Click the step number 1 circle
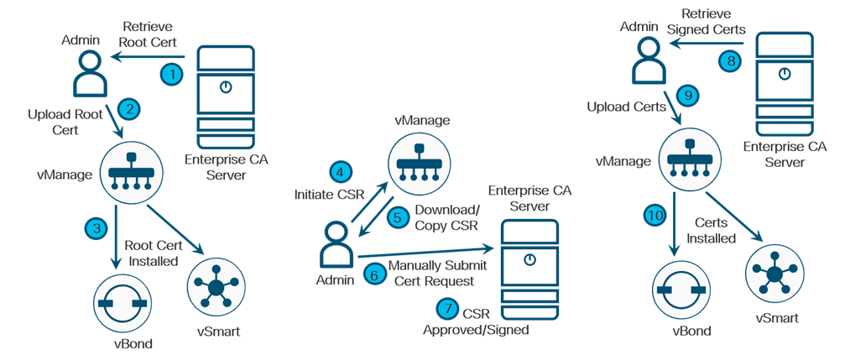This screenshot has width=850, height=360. click(x=172, y=74)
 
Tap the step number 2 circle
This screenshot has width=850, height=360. click(x=128, y=107)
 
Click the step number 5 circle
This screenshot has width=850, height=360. click(x=400, y=217)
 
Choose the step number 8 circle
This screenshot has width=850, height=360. click(x=730, y=61)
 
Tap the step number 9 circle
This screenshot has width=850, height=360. click(x=686, y=97)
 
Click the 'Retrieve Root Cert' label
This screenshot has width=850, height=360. click(x=148, y=33)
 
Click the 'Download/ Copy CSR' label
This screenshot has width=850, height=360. click(x=446, y=217)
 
